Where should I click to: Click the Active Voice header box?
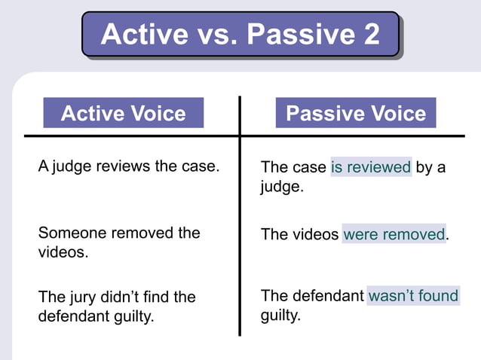click(x=123, y=113)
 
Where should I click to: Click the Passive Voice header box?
click(x=356, y=113)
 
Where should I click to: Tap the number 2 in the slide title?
click(x=371, y=35)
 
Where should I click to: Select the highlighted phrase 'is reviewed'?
click(x=371, y=167)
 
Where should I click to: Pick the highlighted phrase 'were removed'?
click(x=394, y=234)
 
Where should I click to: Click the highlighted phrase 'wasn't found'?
click(x=413, y=296)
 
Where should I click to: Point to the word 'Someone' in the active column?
click(x=69, y=233)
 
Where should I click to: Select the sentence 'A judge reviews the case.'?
click(x=128, y=166)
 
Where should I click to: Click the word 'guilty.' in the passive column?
click(x=280, y=316)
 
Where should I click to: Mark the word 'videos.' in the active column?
click(x=63, y=252)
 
